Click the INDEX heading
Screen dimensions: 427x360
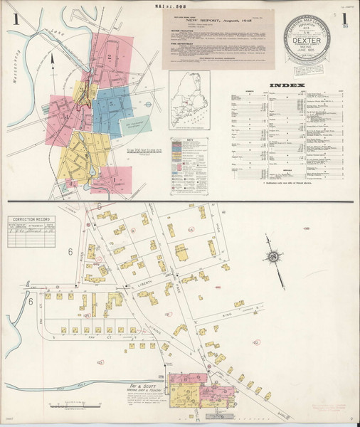pos(285,85)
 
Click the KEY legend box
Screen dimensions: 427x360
pos(189,164)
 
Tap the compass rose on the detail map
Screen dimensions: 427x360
pos(272,256)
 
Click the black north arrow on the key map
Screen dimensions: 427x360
pos(53,64)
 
